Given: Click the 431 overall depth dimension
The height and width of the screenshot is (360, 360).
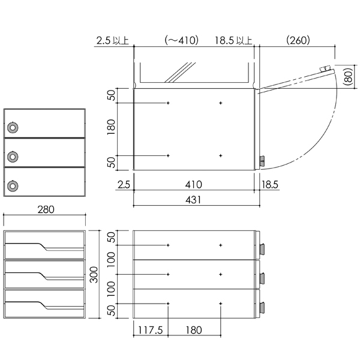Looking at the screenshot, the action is click(x=193, y=200).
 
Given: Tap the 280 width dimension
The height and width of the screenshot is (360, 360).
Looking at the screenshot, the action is click(x=46, y=209).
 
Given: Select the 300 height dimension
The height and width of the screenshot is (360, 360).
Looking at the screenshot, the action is click(x=94, y=275).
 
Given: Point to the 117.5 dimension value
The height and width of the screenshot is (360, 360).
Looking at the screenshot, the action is click(x=150, y=330).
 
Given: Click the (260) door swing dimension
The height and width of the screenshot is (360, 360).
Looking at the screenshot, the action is click(x=298, y=40).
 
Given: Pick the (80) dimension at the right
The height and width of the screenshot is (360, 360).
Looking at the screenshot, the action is click(x=349, y=77).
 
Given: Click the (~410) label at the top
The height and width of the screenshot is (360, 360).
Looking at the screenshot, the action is click(x=181, y=40).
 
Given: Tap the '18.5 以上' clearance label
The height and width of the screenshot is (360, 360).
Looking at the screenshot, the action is click(x=233, y=40).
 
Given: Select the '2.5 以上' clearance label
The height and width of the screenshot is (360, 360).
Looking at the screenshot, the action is click(x=112, y=41).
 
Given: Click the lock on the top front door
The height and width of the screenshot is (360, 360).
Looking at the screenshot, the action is click(x=13, y=127).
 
